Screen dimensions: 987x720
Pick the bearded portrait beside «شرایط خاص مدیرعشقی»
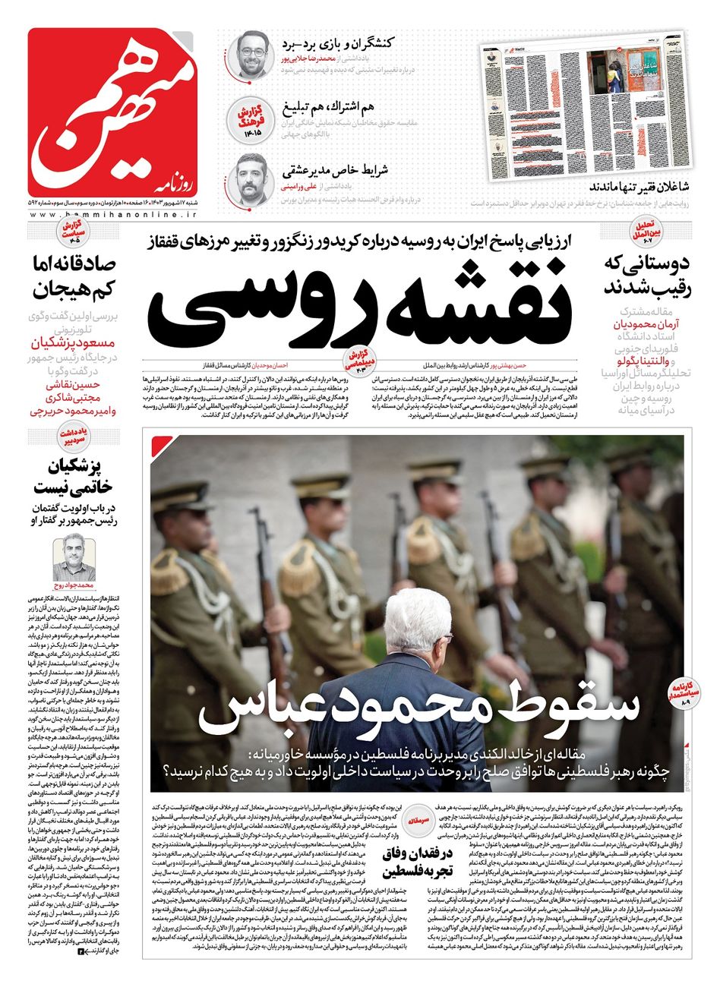(x=251, y=178)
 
